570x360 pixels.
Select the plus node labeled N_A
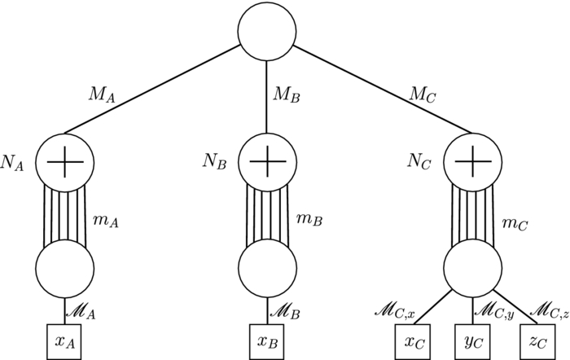coord(64,161)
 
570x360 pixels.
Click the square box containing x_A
coord(64,340)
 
